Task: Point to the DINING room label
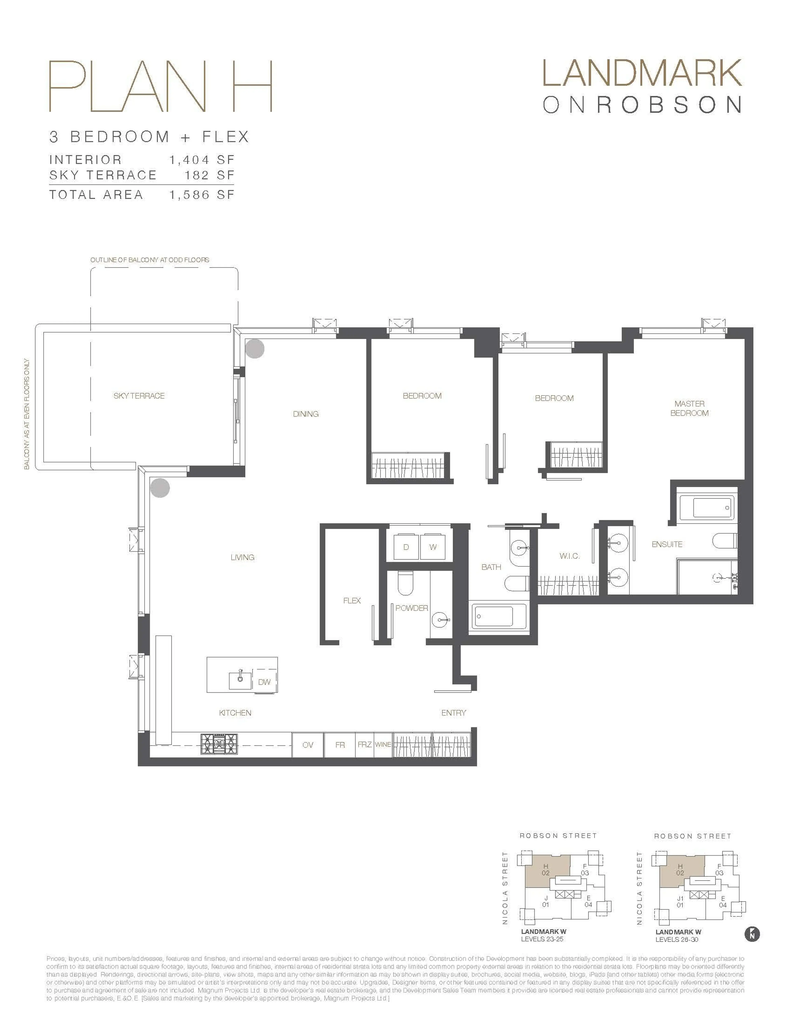(305, 414)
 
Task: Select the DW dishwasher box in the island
(264, 682)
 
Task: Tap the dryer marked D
(406, 547)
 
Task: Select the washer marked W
(433, 547)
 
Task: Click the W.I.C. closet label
(569, 556)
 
